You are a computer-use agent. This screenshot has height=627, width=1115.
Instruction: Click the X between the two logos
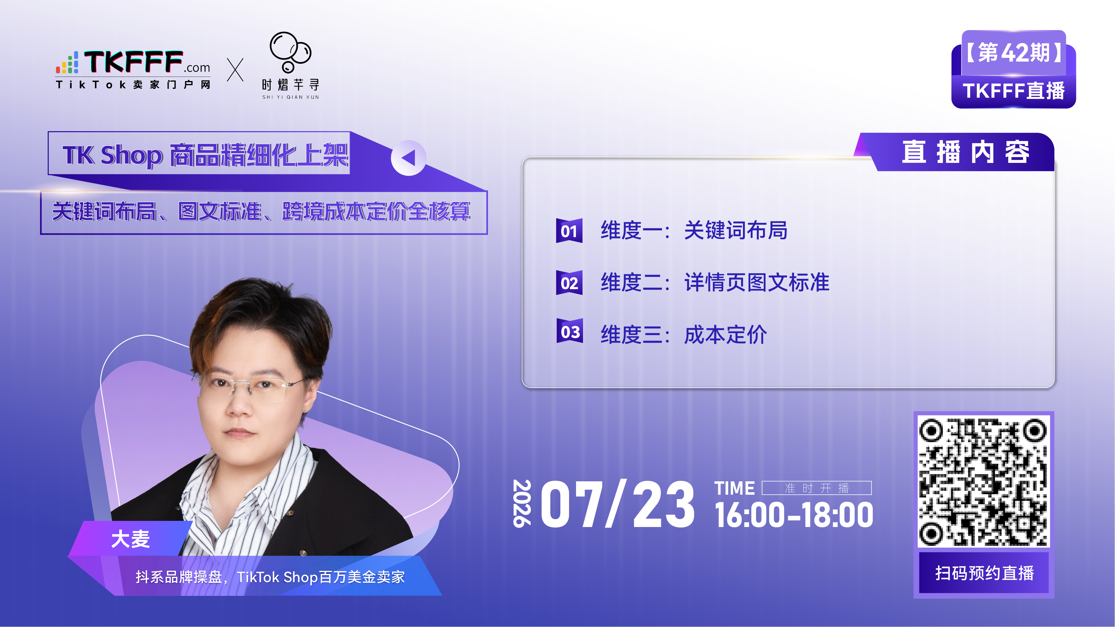pos(235,70)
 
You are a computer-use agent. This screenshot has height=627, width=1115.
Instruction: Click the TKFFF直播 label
pos(1014,91)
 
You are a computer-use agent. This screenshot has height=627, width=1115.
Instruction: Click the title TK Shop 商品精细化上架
pos(205,155)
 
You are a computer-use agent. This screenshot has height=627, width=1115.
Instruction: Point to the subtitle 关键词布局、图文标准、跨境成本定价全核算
pos(261,212)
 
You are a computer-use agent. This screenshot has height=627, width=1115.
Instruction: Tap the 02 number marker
pos(569,283)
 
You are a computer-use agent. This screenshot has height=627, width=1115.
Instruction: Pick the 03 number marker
pos(570,331)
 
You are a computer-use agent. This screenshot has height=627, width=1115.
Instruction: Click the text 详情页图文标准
pos(757,282)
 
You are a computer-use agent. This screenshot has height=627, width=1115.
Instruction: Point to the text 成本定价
pos(725,335)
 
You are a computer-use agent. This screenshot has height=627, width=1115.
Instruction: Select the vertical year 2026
pos(522,503)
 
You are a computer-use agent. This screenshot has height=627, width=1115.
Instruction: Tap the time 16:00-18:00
pos(794,515)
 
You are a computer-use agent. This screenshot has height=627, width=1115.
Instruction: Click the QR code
pos(983,481)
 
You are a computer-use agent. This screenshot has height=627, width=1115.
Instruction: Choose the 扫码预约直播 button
pos(984,573)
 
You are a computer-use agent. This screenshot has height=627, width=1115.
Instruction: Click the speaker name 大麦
pos(130,539)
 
